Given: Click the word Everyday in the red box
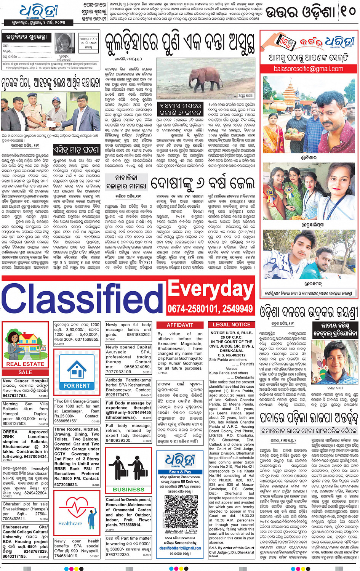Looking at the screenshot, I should click(x=211, y=289).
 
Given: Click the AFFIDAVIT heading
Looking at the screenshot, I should click(x=180, y=325).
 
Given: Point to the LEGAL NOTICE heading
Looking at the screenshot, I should click(x=231, y=325).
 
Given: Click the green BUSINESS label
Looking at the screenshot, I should click(x=128, y=489).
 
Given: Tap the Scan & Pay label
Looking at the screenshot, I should click(x=180, y=472).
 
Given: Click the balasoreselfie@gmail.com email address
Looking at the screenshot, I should click(x=309, y=69).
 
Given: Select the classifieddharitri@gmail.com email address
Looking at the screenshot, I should click(x=180, y=548).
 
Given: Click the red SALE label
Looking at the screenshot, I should click(x=25, y=372).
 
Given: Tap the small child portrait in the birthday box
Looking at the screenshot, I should click(x=64, y=43).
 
